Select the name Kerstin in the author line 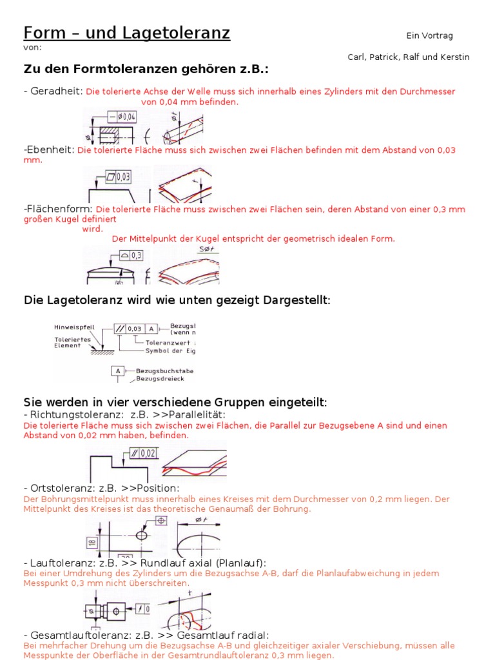pyautogui.click(x=454, y=57)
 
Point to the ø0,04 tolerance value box pyautogui.click(x=126, y=117)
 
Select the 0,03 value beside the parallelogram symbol pyautogui.click(x=122, y=176)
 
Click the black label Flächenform pyautogui.click(x=59, y=209)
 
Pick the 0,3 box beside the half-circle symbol pyautogui.click(x=136, y=255)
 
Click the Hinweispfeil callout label pyautogui.click(x=74, y=327)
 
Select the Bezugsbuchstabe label pyautogui.click(x=164, y=371)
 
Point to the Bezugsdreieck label pyautogui.click(x=162, y=378)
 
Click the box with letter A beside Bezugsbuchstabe pyautogui.click(x=118, y=371)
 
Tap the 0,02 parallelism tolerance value pyautogui.click(x=147, y=453)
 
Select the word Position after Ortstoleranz pyautogui.click(x=158, y=488)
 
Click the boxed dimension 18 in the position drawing pyautogui.click(x=92, y=542)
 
